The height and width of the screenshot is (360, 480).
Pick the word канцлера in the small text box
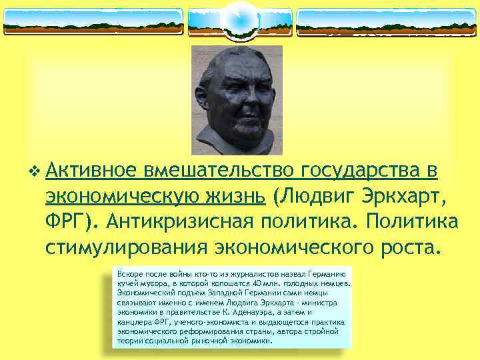(x=133, y=321)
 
